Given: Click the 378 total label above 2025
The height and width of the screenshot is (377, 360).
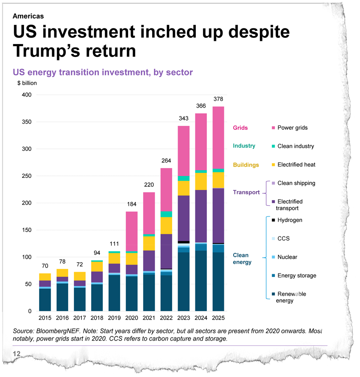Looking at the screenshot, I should pyautogui.click(x=218, y=99).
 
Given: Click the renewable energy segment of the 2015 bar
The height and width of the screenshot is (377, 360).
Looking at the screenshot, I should pyautogui.click(x=45, y=300).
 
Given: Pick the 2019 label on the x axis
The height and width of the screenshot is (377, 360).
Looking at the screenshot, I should pyautogui.click(x=114, y=318).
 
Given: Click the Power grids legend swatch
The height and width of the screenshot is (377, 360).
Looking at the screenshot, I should pyautogui.click(x=273, y=128).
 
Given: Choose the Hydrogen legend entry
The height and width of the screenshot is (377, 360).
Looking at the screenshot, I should pyautogui.click(x=289, y=220).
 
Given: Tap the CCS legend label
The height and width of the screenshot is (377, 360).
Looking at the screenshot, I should pyautogui.click(x=283, y=239).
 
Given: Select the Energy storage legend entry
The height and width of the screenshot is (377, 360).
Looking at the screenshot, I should pyautogui.click(x=296, y=276).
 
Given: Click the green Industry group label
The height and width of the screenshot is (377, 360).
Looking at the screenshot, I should pyautogui.click(x=244, y=146).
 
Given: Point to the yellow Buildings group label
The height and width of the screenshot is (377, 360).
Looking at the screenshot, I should pyautogui.click(x=246, y=165).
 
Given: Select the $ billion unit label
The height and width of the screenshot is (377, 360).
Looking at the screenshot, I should pyautogui.click(x=27, y=83).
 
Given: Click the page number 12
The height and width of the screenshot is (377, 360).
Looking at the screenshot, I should pyautogui.click(x=17, y=353).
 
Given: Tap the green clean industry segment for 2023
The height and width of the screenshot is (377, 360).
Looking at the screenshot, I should pyautogui.click(x=183, y=178).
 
